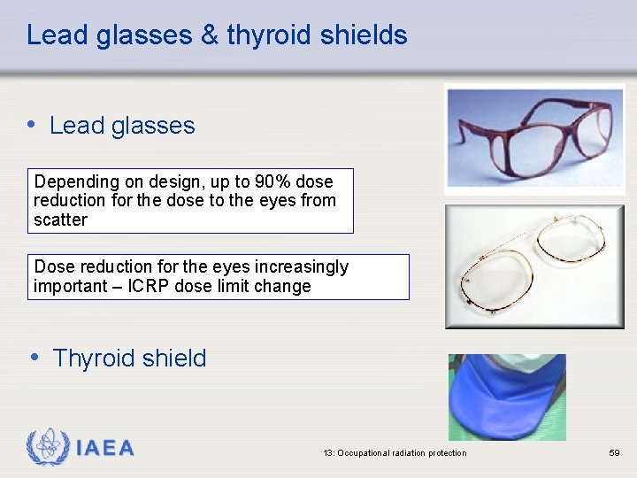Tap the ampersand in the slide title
(x=209, y=35)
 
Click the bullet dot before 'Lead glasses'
(x=33, y=124)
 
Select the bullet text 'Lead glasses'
(x=122, y=126)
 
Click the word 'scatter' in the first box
(x=60, y=220)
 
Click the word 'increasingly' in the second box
(x=301, y=266)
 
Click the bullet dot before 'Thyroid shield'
(x=34, y=357)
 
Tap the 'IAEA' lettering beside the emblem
(x=105, y=449)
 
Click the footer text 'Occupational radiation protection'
(x=402, y=453)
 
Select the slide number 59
(x=614, y=453)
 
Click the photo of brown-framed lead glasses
(x=534, y=135)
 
